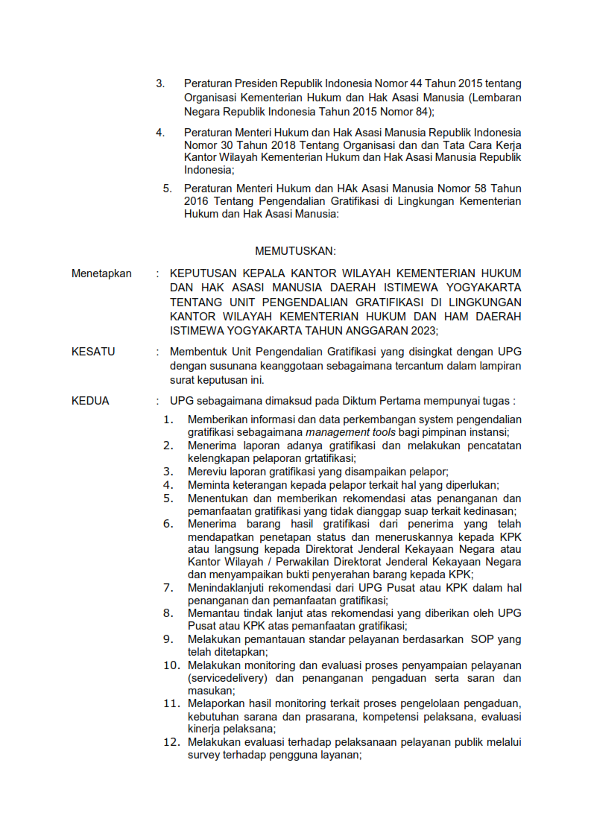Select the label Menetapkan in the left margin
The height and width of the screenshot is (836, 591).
101,273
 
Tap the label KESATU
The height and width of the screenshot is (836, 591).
93,352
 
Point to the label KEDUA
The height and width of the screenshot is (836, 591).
90,401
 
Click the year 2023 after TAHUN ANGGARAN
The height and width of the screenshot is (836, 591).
423,330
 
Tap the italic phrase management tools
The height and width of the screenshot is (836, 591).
350,432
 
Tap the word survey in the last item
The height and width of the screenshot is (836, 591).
203,755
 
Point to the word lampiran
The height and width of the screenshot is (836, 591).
499,366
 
